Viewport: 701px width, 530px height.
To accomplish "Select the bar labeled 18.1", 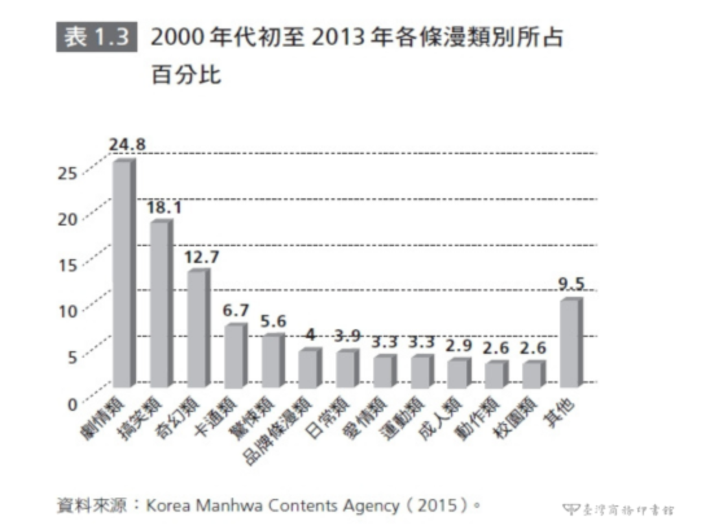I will [x=161, y=304].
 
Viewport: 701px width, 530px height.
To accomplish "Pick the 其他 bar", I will [x=570, y=343].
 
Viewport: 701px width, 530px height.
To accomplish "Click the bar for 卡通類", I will [x=235, y=356].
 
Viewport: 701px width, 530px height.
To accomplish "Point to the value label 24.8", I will [x=127, y=144].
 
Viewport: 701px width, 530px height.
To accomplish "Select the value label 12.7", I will [x=201, y=257].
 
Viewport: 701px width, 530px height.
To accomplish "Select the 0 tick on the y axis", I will [x=73, y=402].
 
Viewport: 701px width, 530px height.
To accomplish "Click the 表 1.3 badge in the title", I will [x=97, y=38].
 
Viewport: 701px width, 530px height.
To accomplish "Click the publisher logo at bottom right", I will [x=618, y=509].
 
